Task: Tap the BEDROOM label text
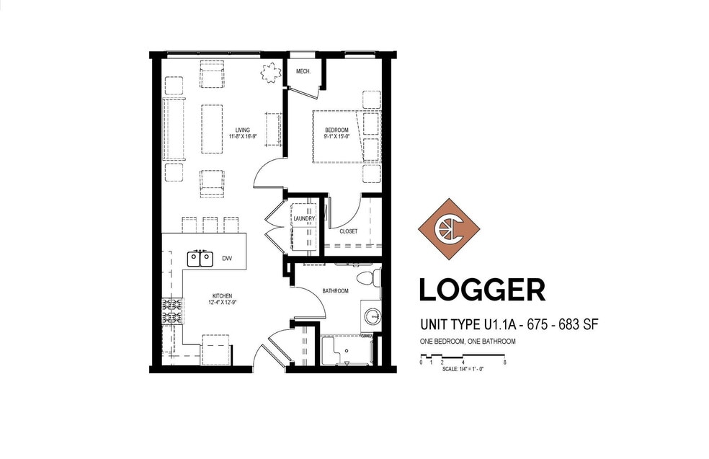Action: pos(337,130)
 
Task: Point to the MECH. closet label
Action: pos(303,71)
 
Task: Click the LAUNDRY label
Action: pos(304,219)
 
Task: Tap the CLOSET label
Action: pos(348,231)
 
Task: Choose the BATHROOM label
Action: pos(335,291)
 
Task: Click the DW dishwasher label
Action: pos(227,258)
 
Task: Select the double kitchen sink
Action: pos(200,259)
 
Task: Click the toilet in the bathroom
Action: pos(369,277)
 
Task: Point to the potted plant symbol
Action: pos(270,73)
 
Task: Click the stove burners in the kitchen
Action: pos(172,311)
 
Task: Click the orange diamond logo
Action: pos(449,229)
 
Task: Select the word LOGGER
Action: pos(482,290)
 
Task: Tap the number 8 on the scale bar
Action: pos(504,362)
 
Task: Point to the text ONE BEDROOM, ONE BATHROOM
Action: pos(468,342)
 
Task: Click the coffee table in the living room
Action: pos(212,129)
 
